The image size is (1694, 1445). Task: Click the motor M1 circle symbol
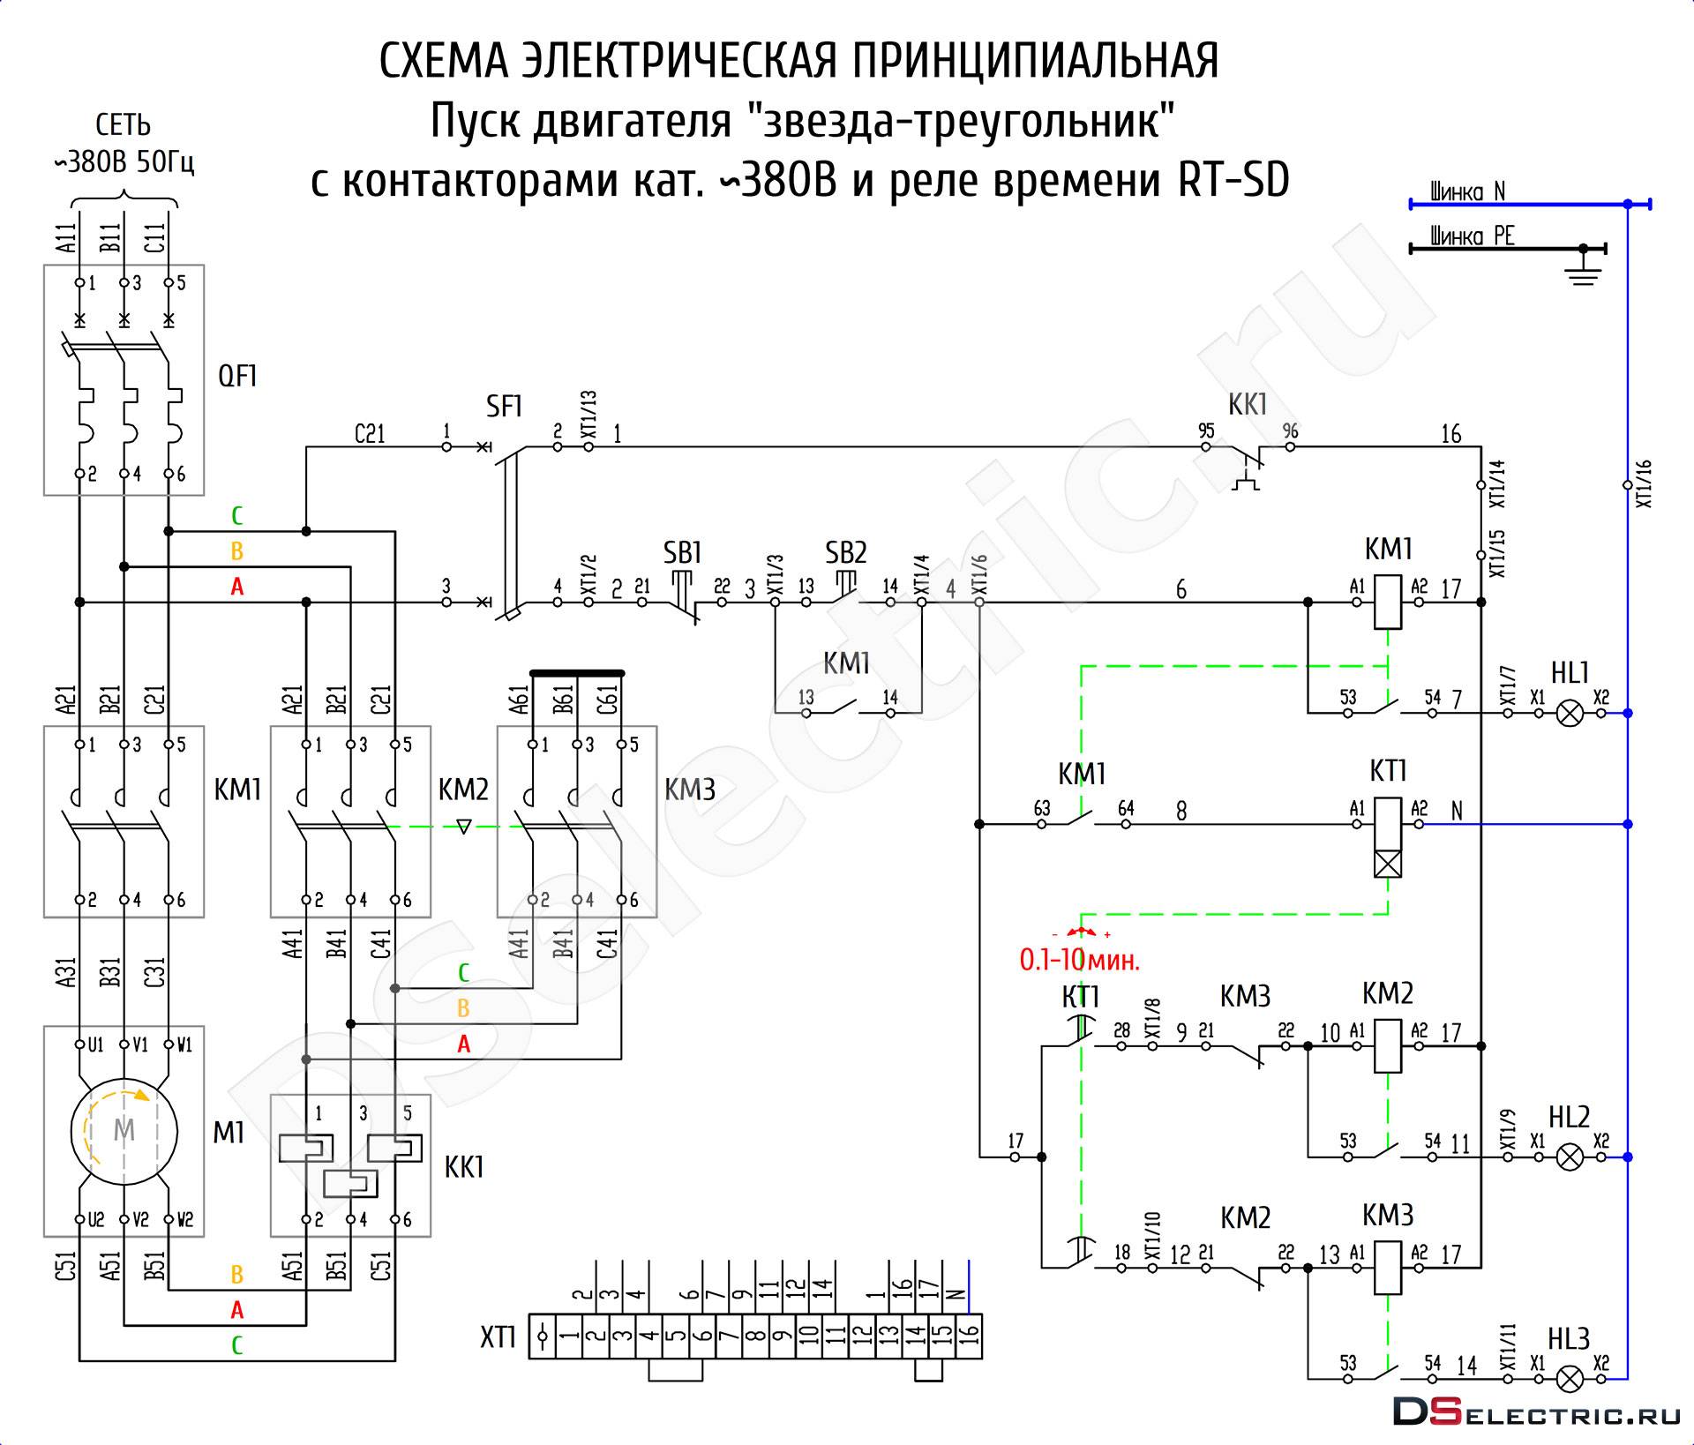coord(124,1131)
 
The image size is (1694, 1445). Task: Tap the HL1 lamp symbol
coord(1569,713)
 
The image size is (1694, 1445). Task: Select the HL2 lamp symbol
coord(1569,1157)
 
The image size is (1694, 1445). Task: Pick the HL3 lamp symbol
coord(1569,1379)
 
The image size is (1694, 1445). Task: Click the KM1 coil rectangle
coord(1388,603)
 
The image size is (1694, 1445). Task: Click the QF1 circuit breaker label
coord(237,377)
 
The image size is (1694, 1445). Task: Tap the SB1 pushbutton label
coord(682,553)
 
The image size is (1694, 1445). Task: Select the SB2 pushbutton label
coord(845,553)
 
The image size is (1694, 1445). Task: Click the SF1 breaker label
coord(504,407)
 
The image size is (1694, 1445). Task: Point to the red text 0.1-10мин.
coord(1079,960)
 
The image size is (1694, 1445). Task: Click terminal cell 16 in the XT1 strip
coord(968,1336)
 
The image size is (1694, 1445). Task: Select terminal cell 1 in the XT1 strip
coord(570,1336)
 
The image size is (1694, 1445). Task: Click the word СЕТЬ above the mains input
coord(123,126)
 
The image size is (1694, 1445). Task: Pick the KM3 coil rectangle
coord(1388,1268)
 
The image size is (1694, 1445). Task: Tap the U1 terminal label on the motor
coord(94,1045)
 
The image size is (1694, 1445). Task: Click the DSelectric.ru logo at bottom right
coord(1536,1412)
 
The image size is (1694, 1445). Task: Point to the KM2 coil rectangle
coord(1388,1046)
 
